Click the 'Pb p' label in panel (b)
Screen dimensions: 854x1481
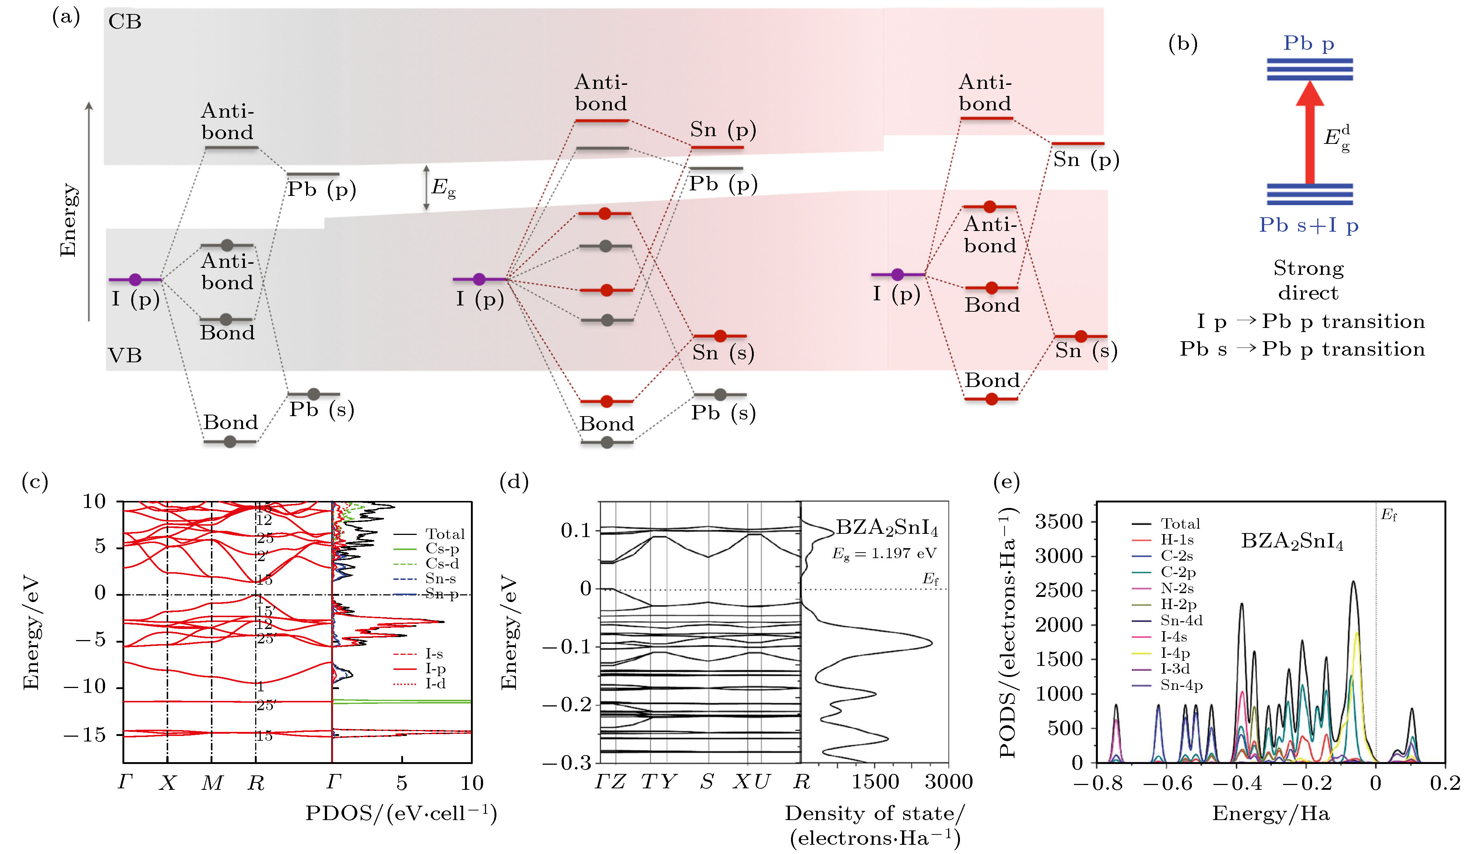point(1309,44)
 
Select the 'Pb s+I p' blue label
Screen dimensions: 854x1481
point(1309,225)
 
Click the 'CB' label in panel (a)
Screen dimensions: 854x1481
point(125,22)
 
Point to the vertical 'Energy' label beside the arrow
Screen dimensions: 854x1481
point(68,220)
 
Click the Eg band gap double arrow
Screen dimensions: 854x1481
point(426,188)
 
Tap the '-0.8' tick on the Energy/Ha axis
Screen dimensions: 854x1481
point(1097,783)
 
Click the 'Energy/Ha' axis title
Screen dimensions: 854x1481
point(1270,813)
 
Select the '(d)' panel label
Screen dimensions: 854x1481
point(514,482)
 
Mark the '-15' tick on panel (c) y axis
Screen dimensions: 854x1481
point(85,734)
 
